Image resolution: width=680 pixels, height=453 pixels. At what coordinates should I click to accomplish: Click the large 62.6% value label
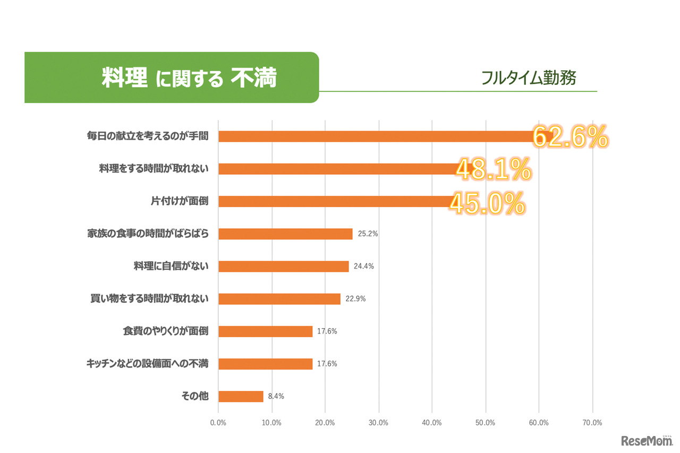pos(569,138)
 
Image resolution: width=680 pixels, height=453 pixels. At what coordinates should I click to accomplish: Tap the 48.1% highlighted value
pos(494,170)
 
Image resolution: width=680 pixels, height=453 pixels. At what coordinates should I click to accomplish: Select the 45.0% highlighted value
pos(487,203)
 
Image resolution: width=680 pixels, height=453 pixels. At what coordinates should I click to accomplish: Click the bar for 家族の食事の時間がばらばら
pos(285,234)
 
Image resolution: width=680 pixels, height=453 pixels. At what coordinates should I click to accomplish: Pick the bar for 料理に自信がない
pos(283,266)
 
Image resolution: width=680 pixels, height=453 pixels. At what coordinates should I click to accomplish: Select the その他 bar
pos(241,396)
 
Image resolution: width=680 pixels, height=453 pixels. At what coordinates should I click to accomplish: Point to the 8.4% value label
pos(276,396)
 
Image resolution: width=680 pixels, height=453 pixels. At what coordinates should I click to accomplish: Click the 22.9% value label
pos(355,299)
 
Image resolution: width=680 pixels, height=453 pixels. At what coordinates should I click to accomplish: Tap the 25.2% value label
pos(367,234)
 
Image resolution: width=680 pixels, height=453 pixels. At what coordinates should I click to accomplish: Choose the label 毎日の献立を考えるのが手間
pos(147,136)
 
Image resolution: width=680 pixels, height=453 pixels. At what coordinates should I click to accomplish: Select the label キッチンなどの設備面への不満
pos(147,364)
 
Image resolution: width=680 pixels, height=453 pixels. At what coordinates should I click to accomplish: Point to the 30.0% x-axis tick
pos(378,423)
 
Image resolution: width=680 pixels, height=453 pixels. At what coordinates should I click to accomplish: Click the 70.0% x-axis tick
pos(592,423)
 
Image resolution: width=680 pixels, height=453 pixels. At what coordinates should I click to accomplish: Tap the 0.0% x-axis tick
pos(218,423)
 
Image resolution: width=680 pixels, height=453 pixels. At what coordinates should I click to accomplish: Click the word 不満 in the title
pos(254,78)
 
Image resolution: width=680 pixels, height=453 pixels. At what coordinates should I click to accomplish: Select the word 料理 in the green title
pos(124,78)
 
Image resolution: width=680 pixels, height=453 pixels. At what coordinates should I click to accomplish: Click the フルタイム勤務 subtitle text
pos(529,78)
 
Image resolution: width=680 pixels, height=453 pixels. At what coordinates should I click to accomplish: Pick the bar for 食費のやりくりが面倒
pos(265,331)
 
